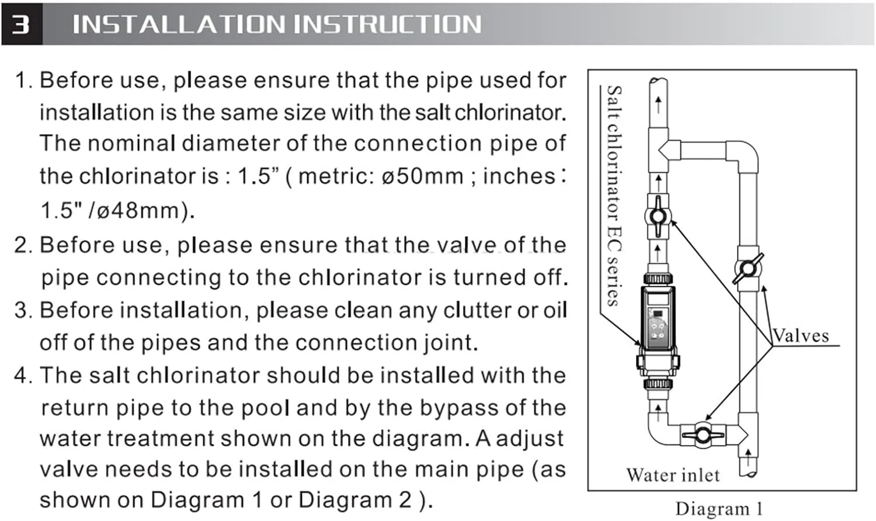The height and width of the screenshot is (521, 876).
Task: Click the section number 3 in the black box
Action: pyautogui.click(x=20, y=25)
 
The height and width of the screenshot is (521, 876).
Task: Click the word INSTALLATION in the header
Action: pyautogui.click(x=179, y=25)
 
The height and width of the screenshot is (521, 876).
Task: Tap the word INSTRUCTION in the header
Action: pyautogui.click(x=388, y=25)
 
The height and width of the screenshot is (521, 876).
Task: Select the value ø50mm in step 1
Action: pyautogui.click(x=423, y=176)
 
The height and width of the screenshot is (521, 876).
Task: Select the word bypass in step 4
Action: pyautogui.click(x=459, y=408)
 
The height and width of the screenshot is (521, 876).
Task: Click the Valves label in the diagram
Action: pyautogui.click(x=801, y=336)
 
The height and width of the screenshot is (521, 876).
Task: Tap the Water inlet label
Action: pyautogui.click(x=673, y=475)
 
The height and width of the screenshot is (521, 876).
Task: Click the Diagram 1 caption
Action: pyautogui.click(x=719, y=509)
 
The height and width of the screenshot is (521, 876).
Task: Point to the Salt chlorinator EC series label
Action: pyautogui.click(x=614, y=196)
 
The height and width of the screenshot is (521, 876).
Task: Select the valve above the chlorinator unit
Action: pyautogui.click(x=658, y=216)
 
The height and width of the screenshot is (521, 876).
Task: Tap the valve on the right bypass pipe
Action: pyautogui.click(x=748, y=269)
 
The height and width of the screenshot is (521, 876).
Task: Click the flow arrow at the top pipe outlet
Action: pyautogui.click(x=659, y=105)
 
